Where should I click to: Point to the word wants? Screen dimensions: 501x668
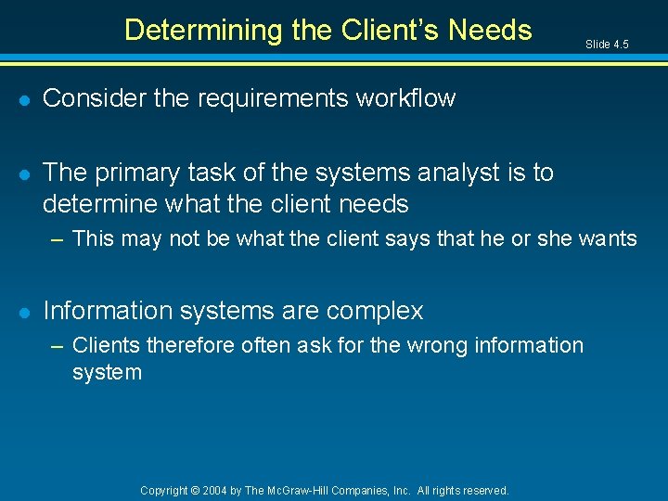[x=608, y=239]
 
